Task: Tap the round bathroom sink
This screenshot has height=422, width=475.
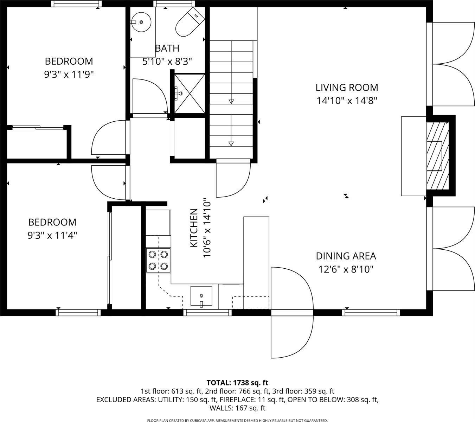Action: pyautogui.click(x=141, y=22)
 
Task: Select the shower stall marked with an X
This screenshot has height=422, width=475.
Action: pyautogui.click(x=190, y=93)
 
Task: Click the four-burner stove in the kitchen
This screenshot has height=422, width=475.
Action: pyautogui.click(x=158, y=260)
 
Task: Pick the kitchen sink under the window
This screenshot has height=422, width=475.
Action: pyautogui.click(x=201, y=296)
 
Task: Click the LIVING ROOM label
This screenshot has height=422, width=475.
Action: pyautogui.click(x=347, y=87)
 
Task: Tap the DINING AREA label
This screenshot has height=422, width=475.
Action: pyautogui.click(x=346, y=256)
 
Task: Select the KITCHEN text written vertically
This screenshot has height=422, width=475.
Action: pyautogui.click(x=193, y=228)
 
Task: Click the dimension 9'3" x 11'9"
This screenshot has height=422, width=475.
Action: pyautogui.click(x=69, y=75)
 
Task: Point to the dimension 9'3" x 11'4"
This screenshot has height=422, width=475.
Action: pyautogui.click(x=52, y=235)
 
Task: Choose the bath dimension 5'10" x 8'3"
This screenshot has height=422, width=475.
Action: pyautogui.click(x=167, y=62)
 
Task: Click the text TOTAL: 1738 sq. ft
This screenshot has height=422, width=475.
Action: pyautogui.click(x=237, y=383)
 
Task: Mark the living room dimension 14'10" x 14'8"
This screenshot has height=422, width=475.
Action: pyautogui.click(x=347, y=101)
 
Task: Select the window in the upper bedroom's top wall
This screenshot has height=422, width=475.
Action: pyautogui.click(x=76, y=4)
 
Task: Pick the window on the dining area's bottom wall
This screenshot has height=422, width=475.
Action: pyautogui.click(x=371, y=312)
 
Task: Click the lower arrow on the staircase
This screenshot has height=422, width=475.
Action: pyautogui.click(x=231, y=143)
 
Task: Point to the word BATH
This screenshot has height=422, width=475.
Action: pyautogui.click(x=167, y=48)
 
